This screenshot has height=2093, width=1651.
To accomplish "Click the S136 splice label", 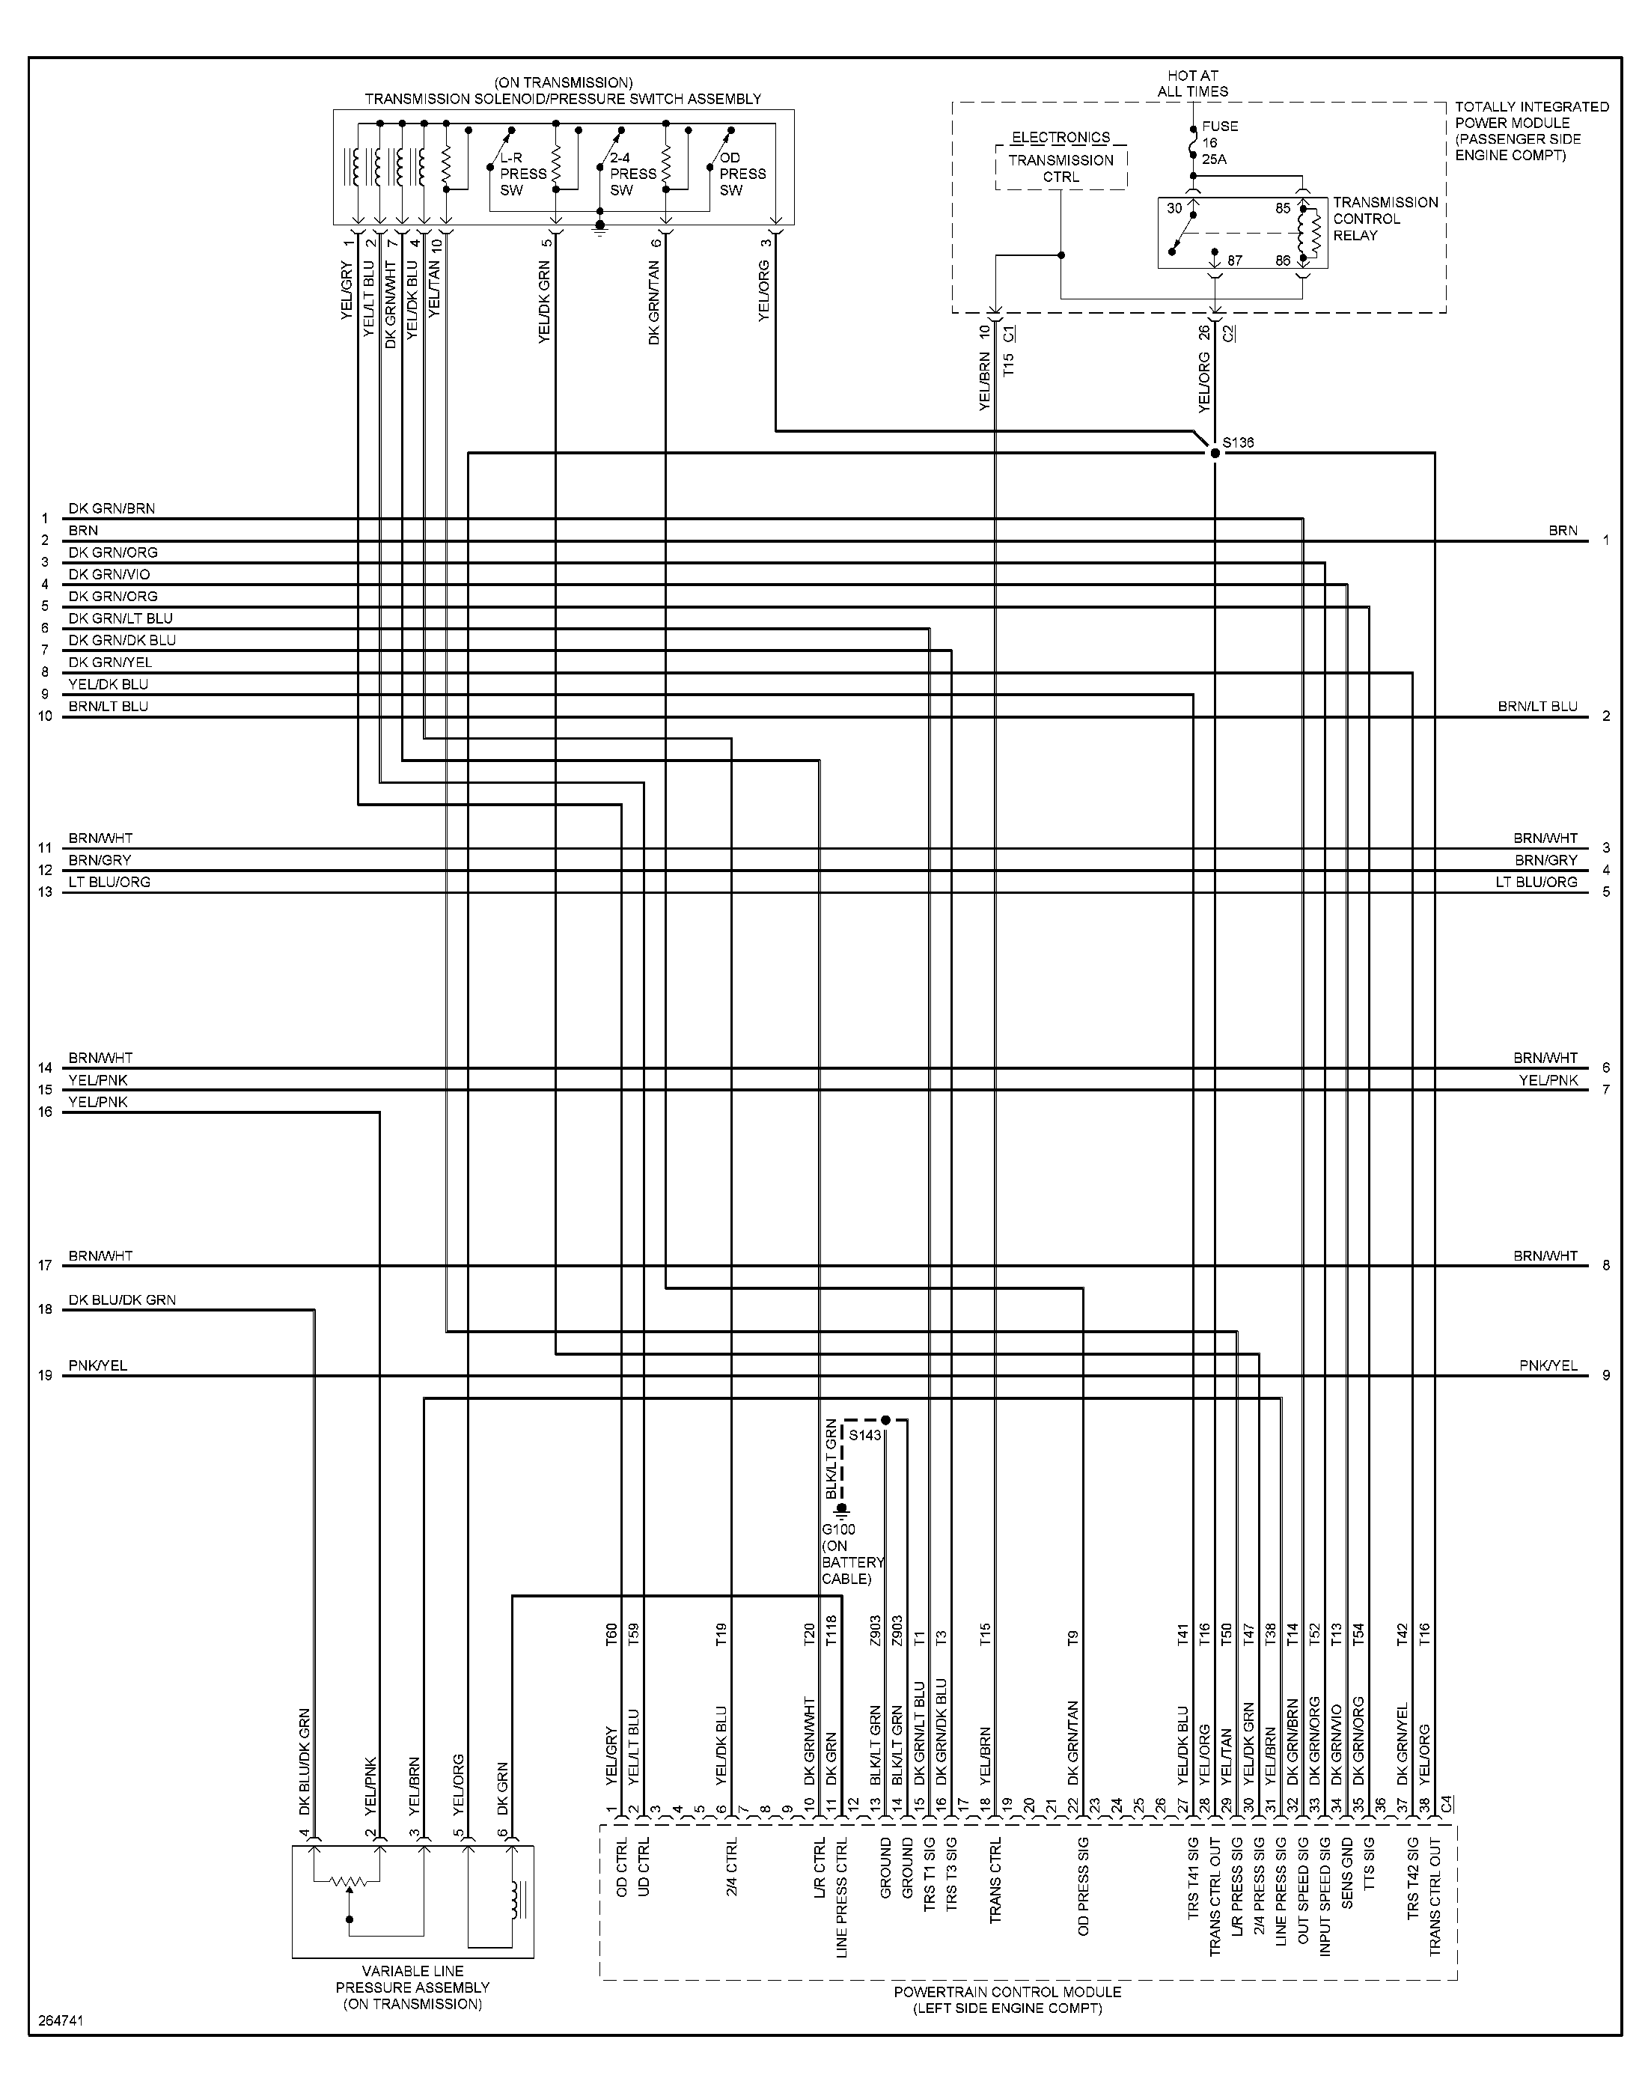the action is [x=1238, y=442].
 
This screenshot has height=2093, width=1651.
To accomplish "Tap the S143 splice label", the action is [x=866, y=1436].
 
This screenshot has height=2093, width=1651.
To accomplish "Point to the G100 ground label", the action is [x=838, y=1529].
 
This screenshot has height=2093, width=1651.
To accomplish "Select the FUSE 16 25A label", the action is [x=1220, y=142].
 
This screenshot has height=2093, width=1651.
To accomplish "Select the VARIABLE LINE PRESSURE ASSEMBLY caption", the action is [x=413, y=1987].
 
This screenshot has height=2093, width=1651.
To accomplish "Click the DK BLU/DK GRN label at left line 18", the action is [x=122, y=1300].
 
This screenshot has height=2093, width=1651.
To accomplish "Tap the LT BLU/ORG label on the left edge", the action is [x=109, y=882].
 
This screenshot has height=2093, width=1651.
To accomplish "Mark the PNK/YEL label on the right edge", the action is [x=1548, y=1365].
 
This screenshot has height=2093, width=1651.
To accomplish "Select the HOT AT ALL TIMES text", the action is [x=1193, y=83].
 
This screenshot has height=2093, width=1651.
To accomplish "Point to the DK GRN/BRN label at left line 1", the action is [x=112, y=508].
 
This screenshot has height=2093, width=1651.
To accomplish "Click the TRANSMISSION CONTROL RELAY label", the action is [x=1385, y=219].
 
